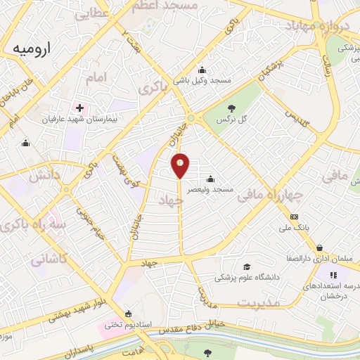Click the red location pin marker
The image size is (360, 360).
(x=181, y=165)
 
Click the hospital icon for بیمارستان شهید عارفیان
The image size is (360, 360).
(x=79, y=108)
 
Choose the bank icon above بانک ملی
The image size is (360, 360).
(x=294, y=217)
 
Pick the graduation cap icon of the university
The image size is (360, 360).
(x=246, y=266)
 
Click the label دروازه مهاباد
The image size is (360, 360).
(x=316, y=27)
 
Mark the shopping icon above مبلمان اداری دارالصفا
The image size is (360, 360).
(x=321, y=247)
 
